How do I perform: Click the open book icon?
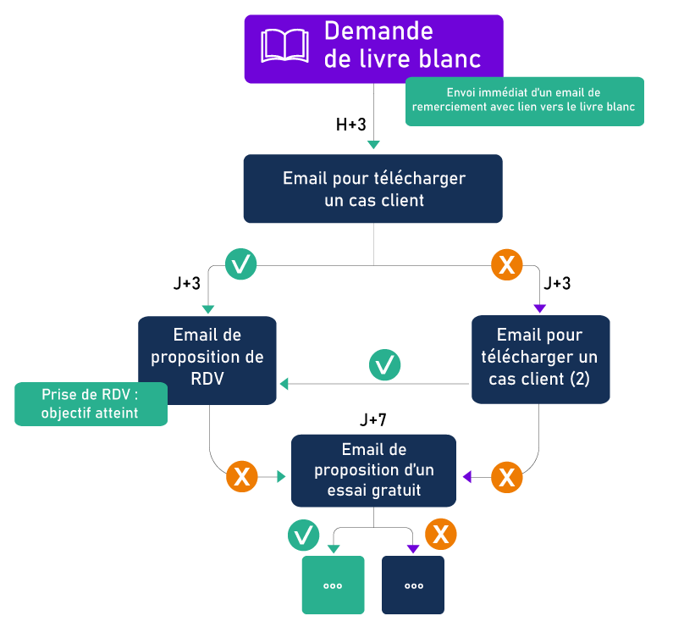(284, 46)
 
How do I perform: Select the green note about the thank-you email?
(524, 100)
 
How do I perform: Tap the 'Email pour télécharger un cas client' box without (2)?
(373, 189)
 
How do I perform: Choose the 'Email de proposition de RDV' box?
(207, 357)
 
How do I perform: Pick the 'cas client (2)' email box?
(540, 357)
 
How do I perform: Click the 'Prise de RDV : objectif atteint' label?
(91, 403)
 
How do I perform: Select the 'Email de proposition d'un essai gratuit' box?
(373, 469)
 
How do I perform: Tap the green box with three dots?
(333, 585)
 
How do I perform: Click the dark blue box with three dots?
(413, 585)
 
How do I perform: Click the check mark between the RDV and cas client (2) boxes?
(385, 365)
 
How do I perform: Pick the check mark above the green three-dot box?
(303, 535)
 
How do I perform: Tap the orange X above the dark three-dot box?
(440, 535)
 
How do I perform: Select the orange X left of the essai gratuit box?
(242, 477)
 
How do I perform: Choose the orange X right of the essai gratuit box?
(507, 477)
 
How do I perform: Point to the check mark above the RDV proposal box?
(241, 265)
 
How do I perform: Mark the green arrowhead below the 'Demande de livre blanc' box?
(373, 145)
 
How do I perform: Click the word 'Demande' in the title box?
(378, 31)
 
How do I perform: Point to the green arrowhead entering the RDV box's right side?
(284, 384)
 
